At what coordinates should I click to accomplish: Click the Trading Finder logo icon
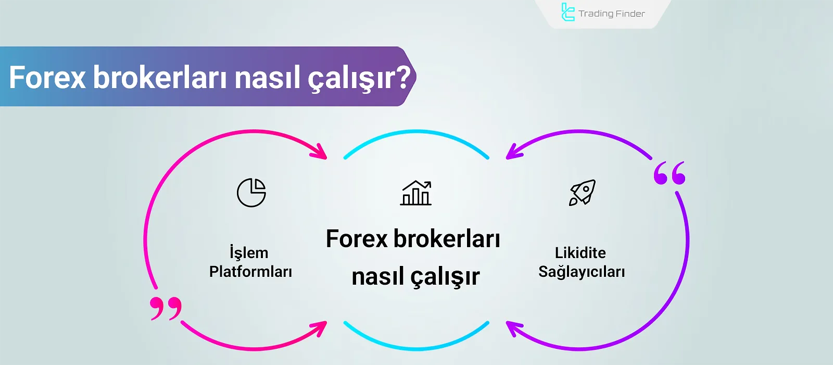click(x=567, y=13)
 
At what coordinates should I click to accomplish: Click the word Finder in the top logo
click(x=630, y=14)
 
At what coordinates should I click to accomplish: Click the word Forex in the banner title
click(x=47, y=78)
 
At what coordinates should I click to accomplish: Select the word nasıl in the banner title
click(x=267, y=78)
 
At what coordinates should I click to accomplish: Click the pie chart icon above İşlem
click(x=251, y=192)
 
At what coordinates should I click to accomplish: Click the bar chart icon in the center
click(x=416, y=193)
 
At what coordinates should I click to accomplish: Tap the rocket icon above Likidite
click(x=582, y=192)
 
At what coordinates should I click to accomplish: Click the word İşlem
click(x=249, y=253)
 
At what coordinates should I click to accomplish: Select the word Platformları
click(x=250, y=272)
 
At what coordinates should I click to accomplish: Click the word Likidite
click(x=580, y=253)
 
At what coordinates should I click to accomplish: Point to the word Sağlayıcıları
click(x=582, y=272)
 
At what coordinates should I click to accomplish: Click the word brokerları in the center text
click(x=446, y=239)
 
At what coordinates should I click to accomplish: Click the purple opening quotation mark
click(x=670, y=173)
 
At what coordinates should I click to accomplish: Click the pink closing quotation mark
click(x=166, y=308)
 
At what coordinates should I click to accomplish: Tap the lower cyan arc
click(x=416, y=348)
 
